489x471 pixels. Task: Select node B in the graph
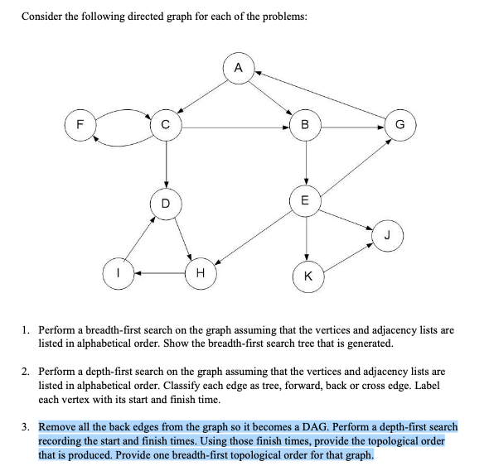coord(307,127)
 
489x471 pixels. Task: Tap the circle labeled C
coord(167,127)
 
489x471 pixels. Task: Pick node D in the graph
coord(167,202)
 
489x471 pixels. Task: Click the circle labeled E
coord(307,200)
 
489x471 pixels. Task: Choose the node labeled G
coord(401,127)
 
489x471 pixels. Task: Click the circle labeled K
coord(307,276)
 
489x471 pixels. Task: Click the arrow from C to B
coord(236,127)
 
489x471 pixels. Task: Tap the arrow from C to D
coord(167,165)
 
